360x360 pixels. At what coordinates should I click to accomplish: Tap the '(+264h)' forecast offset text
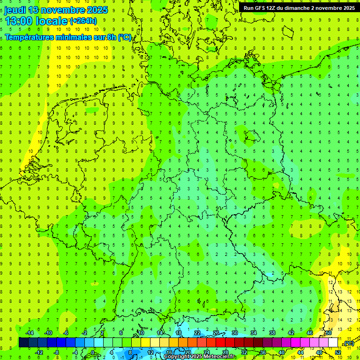click(x=83, y=21)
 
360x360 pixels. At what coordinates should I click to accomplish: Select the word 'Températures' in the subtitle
click(x=29, y=37)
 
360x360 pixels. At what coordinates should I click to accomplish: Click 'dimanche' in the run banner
click(x=301, y=8)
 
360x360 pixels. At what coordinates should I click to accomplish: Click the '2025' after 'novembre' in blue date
click(x=95, y=10)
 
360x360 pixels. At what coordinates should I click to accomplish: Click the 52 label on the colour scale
click(x=338, y=352)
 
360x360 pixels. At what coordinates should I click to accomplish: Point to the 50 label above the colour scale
click(x=329, y=333)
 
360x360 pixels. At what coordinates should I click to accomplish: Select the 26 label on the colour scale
click(x=216, y=333)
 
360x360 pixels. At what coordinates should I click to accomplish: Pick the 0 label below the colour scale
click(x=93, y=352)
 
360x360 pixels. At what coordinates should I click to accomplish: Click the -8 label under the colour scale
click(x=57, y=352)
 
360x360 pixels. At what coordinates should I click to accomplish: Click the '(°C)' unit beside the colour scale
click(x=348, y=344)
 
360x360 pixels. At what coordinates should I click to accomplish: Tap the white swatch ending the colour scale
click(x=333, y=343)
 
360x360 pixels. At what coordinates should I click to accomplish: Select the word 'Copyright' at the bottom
click(x=177, y=357)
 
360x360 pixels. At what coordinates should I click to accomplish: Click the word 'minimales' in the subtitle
click(x=75, y=37)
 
